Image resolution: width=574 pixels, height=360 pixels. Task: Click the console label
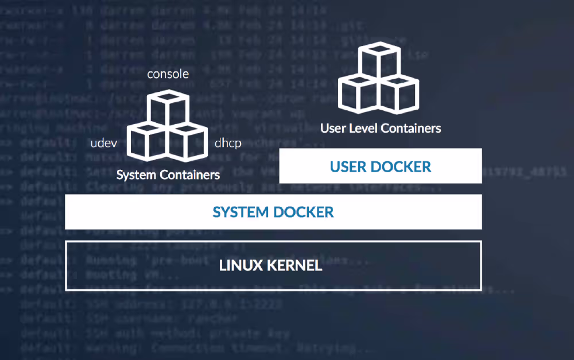tap(168, 75)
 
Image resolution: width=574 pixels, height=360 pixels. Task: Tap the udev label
tap(104, 144)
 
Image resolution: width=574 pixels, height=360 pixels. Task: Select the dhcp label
tap(228, 144)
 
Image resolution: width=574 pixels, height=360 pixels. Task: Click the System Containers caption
tap(168, 175)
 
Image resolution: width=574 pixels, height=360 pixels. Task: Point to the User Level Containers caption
tap(381, 128)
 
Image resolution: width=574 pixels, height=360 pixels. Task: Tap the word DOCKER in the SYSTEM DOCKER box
tap(302, 212)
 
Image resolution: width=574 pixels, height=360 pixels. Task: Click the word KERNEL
tap(296, 266)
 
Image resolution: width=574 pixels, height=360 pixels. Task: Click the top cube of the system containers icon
tap(168, 109)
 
